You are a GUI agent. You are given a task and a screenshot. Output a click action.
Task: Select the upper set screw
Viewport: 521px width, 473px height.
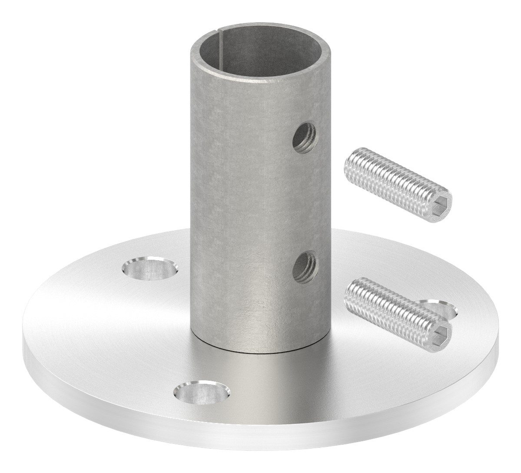pos(397,181)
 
